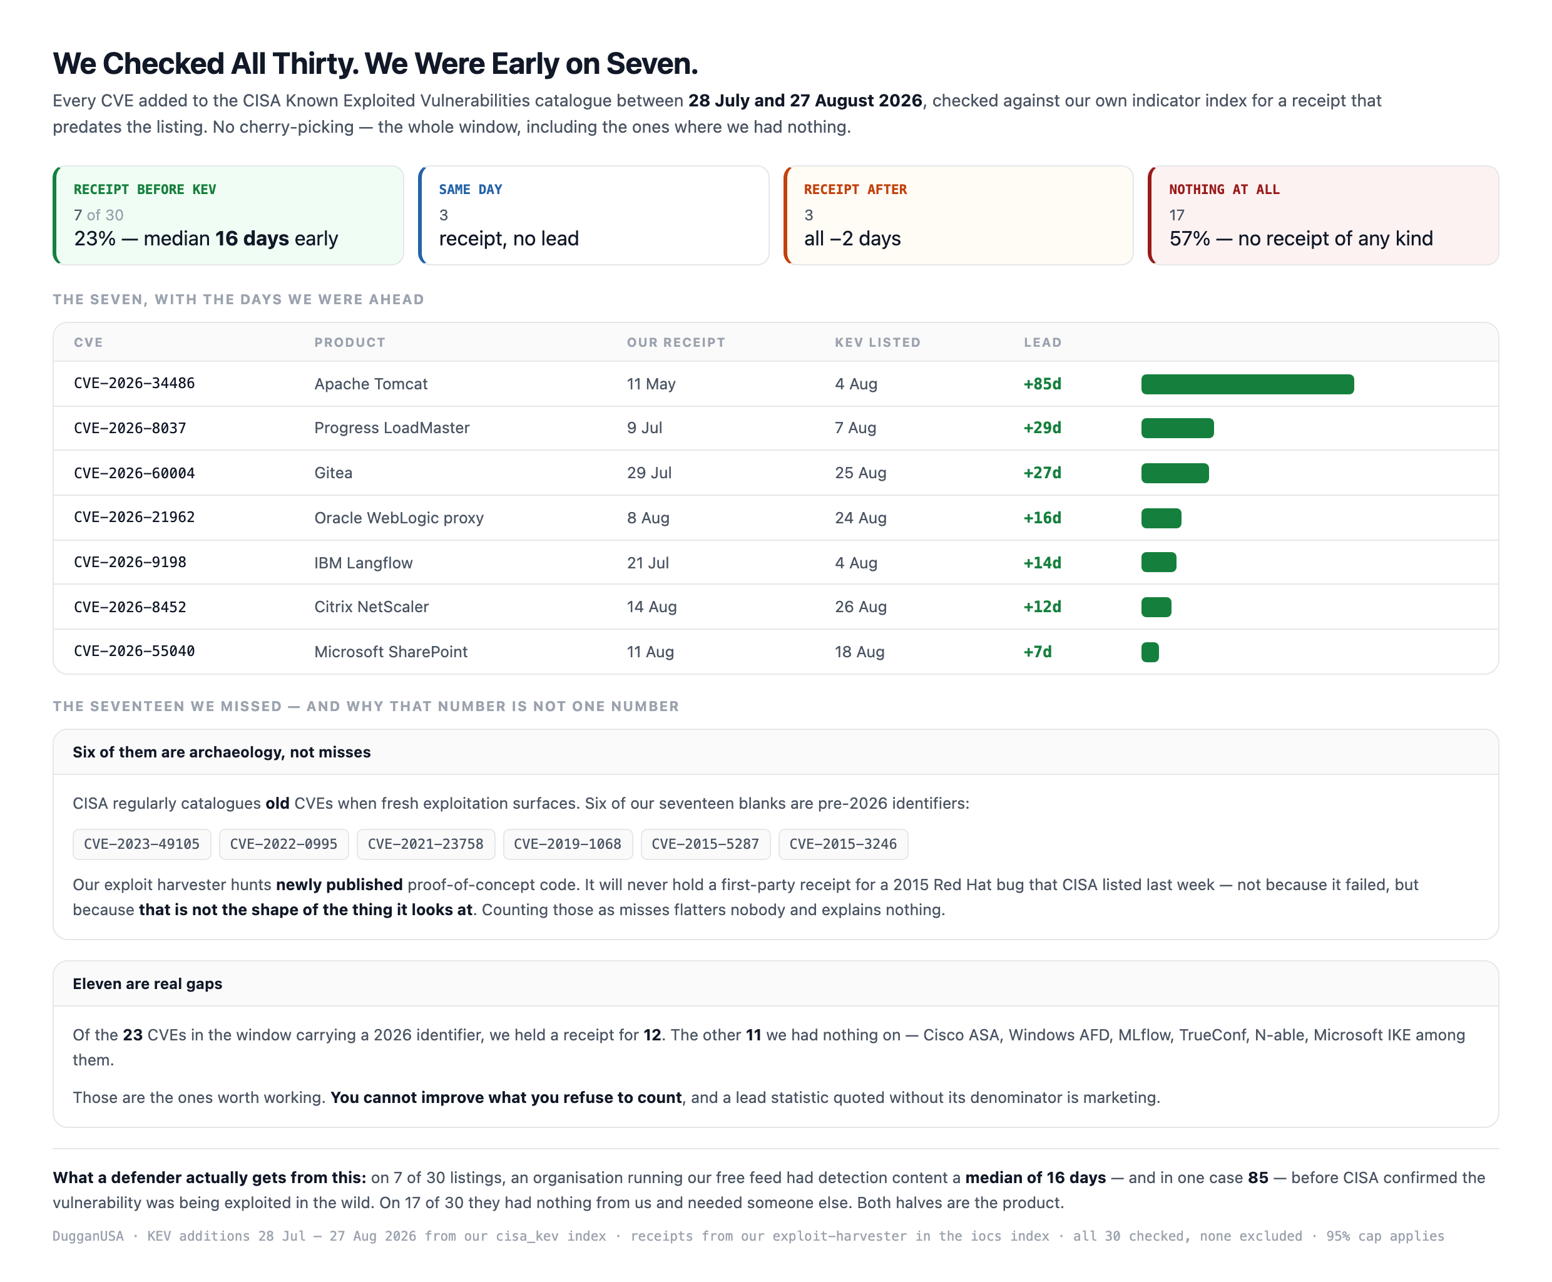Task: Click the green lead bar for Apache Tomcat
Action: pos(1247,384)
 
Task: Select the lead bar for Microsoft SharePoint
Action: pos(1150,652)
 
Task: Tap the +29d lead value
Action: pos(1042,428)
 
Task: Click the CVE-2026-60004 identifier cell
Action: pos(135,473)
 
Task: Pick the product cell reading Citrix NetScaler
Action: pos(371,607)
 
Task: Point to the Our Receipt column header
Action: pos(676,342)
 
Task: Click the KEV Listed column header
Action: pos(877,342)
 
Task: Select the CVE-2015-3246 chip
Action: pos(843,844)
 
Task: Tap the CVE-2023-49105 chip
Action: pos(142,844)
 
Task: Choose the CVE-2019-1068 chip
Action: pos(568,844)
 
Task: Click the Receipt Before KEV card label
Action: pos(145,190)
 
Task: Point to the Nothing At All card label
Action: pos(1224,190)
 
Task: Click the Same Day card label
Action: pos(471,190)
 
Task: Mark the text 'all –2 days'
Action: pos(852,238)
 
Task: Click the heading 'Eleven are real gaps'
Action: pos(148,983)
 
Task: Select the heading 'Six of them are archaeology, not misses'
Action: pos(222,752)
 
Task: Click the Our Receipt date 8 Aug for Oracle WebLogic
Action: pos(648,518)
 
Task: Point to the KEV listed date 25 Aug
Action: pos(860,473)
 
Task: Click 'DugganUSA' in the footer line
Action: pos(88,1236)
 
